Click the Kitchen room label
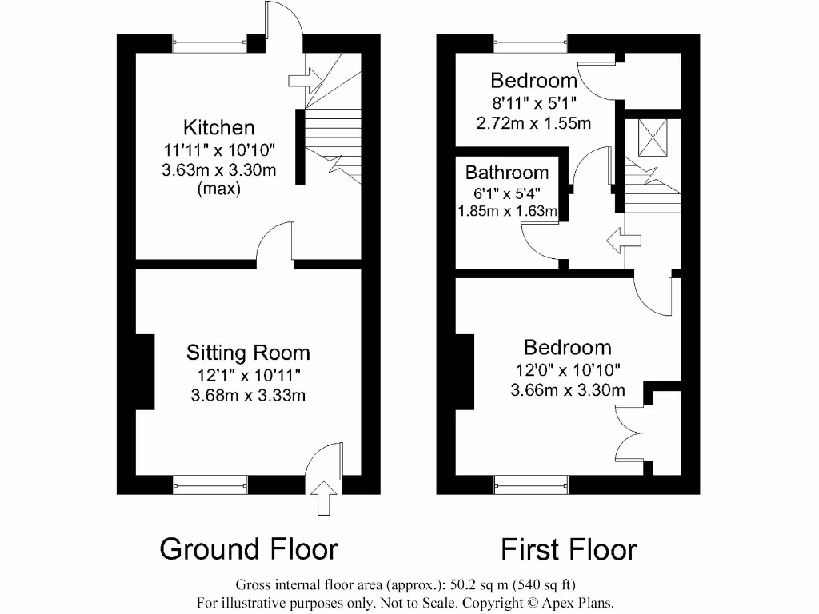(219, 127)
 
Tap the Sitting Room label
(248, 353)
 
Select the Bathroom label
(507, 173)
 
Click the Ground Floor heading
(249, 549)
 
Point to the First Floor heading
(569, 550)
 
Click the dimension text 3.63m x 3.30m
(219, 169)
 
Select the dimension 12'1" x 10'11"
(248, 375)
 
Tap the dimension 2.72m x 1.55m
(533, 122)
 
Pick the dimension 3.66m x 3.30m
(567, 390)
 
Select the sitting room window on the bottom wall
(210, 483)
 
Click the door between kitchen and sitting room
(277, 245)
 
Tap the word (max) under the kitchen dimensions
(218, 189)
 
